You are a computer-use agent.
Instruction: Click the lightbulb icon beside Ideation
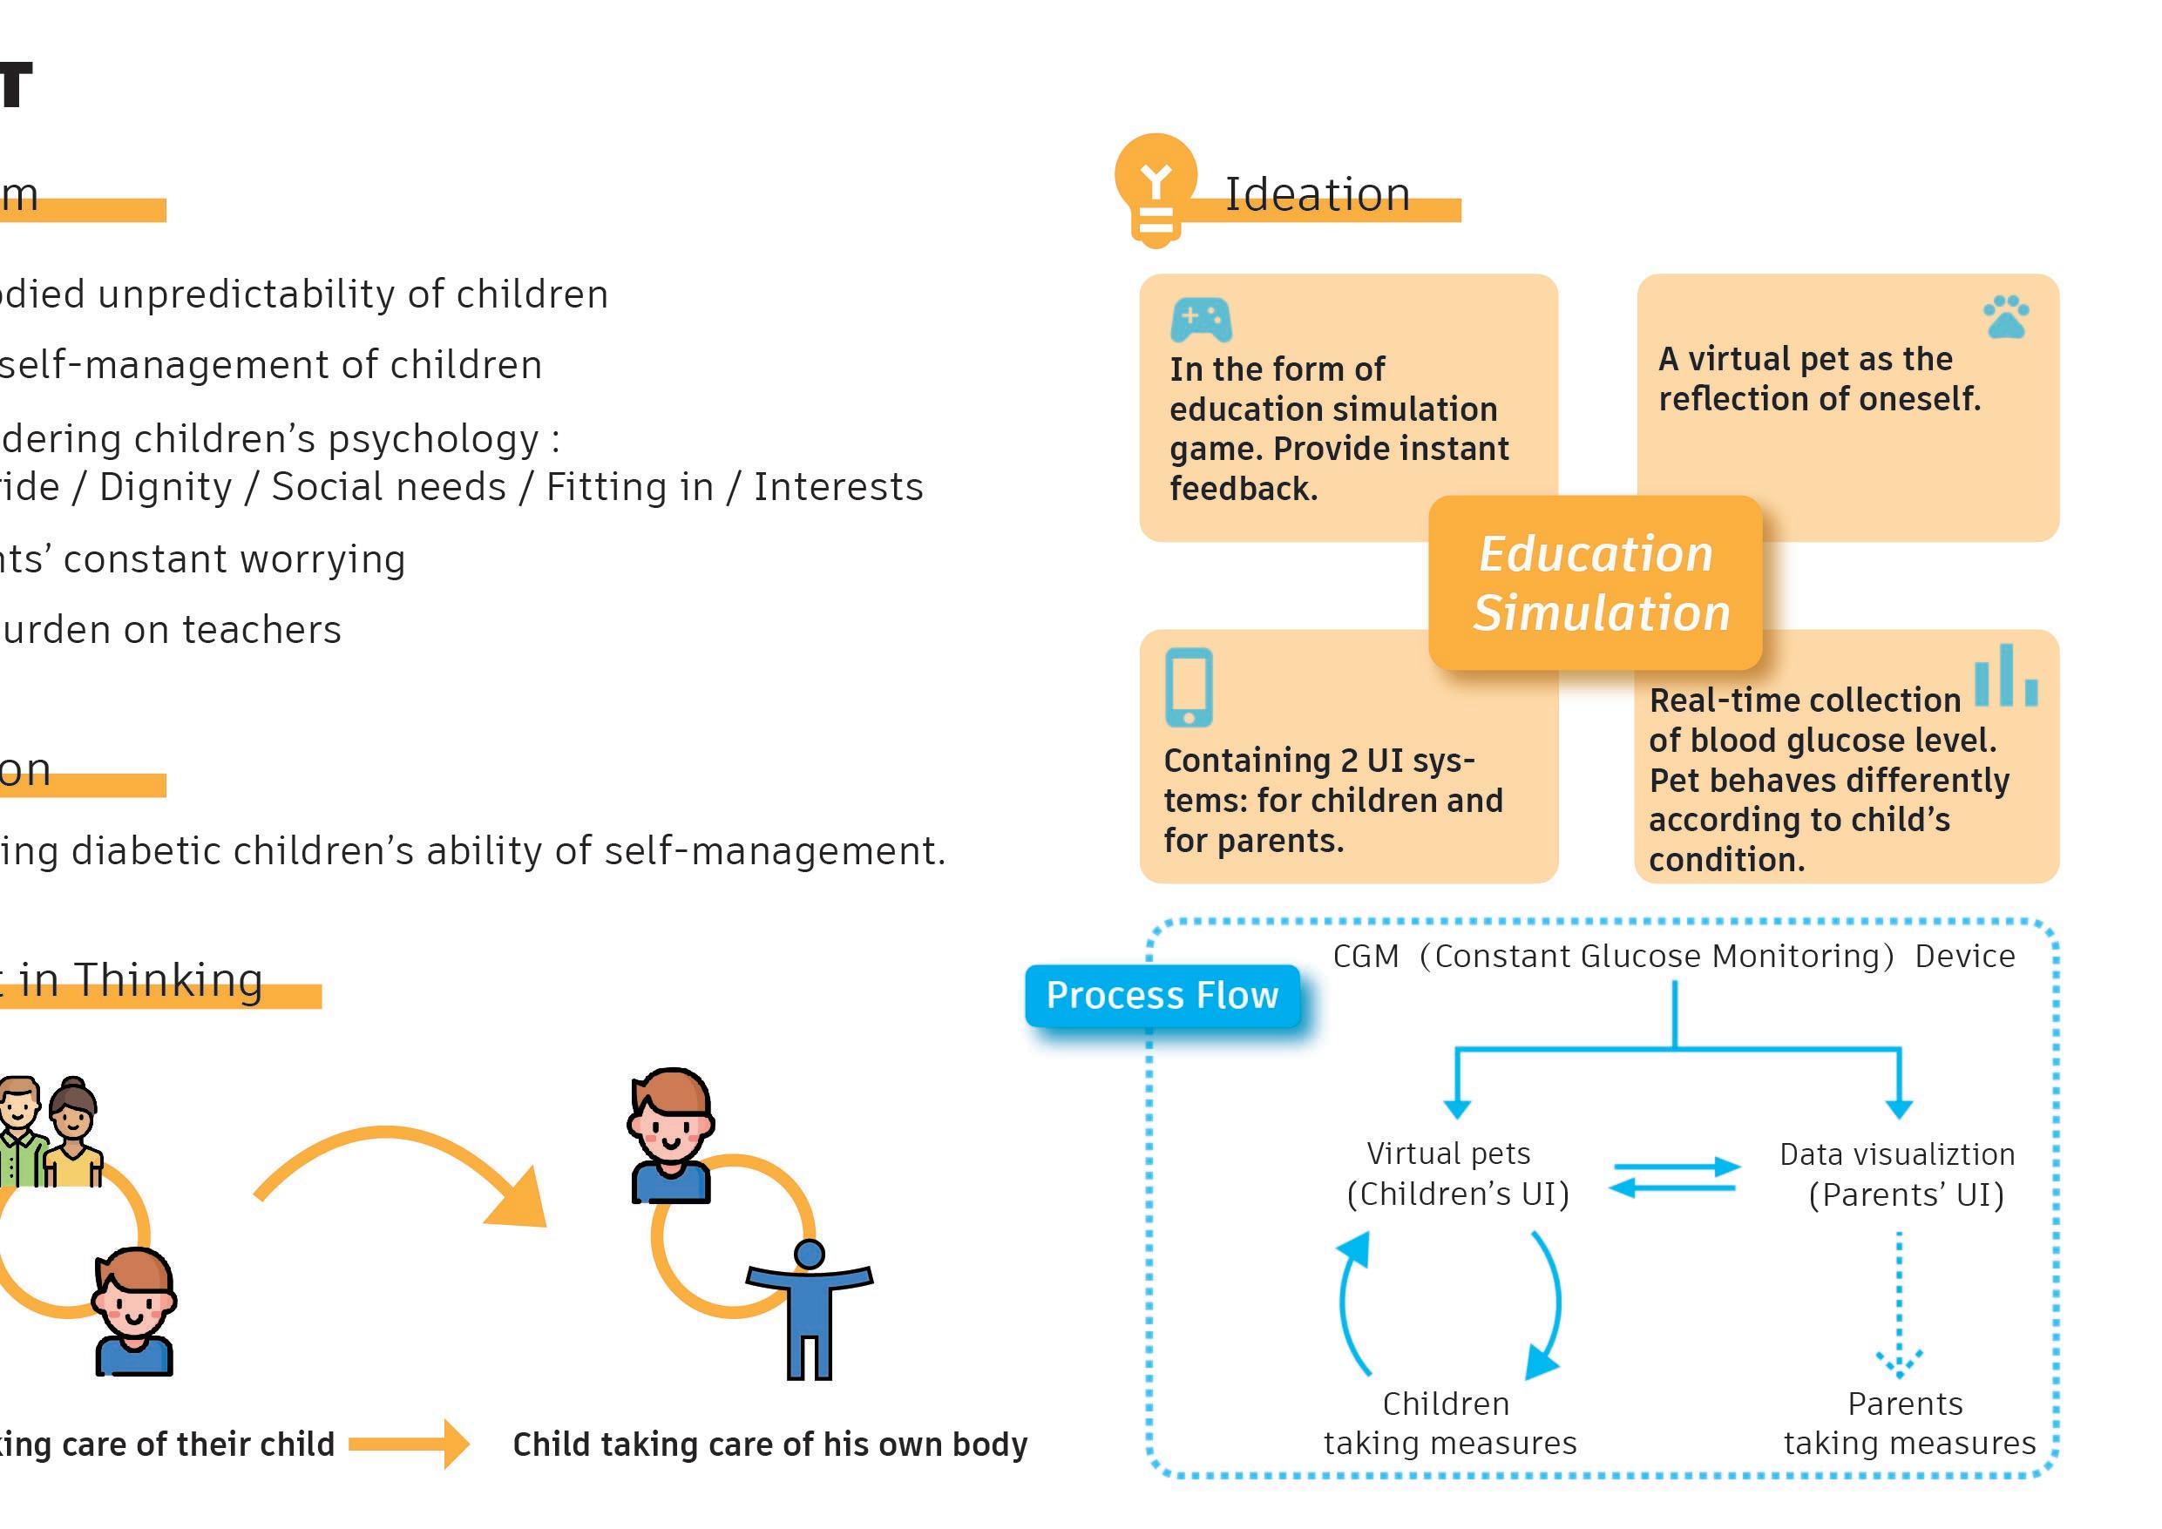tap(1156, 189)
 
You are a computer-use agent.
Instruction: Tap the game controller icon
tap(1201, 320)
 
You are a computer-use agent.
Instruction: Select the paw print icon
tap(2006, 316)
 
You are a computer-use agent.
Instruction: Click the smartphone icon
tap(1189, 687)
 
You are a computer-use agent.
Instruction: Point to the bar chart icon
tap(2006, 676)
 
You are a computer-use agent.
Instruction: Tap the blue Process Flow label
tap(1162, 995)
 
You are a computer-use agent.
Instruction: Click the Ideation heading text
tap(1318, 195)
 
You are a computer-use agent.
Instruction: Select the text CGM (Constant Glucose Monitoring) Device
tap(1673, 957)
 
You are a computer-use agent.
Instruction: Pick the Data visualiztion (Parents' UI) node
tap(1898, 1174)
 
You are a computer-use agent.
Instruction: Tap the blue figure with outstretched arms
tap(810, 1309)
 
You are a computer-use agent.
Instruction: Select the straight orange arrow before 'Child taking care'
tap(409, 1444)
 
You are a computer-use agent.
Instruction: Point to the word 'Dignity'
tap(166, 488)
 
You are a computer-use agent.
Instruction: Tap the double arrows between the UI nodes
tap(1674, 1177)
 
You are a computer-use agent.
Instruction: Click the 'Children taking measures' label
tap(1449, 1423)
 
